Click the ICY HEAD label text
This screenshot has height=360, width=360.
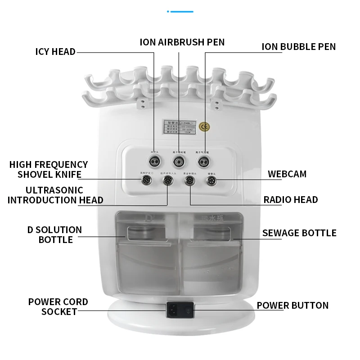pos(55,51)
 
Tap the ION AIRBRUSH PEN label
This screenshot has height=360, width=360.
pos(182,42)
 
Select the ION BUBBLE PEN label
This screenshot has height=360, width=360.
pos(299,47)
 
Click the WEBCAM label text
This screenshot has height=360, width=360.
pos(287,174)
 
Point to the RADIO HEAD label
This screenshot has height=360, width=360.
pos(291,200)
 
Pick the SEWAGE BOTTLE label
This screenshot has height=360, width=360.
pos(299,233)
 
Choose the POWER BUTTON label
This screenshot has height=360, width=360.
pos(292,305)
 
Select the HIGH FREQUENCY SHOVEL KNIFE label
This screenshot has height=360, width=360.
pos(49,170)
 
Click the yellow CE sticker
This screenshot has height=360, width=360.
pos(204,126)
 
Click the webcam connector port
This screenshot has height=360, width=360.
pos(211,181)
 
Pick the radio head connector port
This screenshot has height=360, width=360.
pos(189,181)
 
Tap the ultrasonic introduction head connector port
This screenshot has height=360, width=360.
pos(167,181)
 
